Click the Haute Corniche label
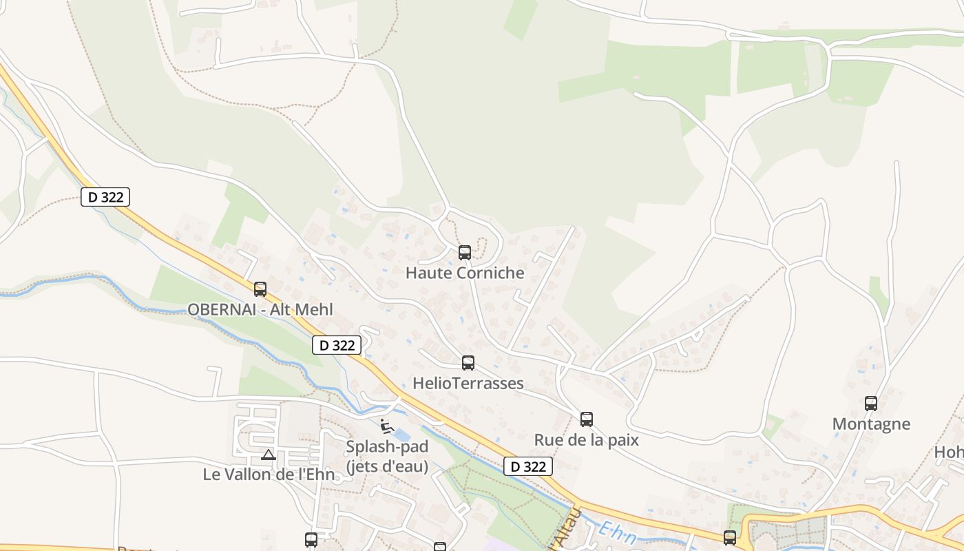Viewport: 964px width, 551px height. [465, 273]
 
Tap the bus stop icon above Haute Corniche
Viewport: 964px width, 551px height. [465, 253]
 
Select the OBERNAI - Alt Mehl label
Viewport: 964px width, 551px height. [260, 309]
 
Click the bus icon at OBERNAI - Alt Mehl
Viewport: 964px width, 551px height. [260, 289]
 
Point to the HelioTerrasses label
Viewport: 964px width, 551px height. [468, 383]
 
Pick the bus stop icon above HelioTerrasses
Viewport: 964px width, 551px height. [468, 363]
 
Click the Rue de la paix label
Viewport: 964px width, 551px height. [587, 439]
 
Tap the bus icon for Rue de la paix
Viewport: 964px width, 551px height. [587, 419]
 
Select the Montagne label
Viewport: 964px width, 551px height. [871, 424]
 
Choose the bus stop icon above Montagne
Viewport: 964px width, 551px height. [871, 404]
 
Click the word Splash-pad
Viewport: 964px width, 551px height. [387, 446]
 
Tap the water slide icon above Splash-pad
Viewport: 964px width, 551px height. [387, 427]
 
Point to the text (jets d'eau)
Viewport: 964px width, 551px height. [387, 466]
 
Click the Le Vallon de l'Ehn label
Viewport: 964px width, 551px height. [269, 474]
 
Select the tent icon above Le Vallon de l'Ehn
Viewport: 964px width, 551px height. [269, 455]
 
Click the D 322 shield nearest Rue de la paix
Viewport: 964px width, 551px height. [529, 466]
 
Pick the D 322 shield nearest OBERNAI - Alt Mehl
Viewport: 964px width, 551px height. [337, 345]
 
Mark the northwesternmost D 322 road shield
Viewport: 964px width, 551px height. [105, 197]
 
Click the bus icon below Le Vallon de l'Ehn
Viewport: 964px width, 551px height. [311, 540]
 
